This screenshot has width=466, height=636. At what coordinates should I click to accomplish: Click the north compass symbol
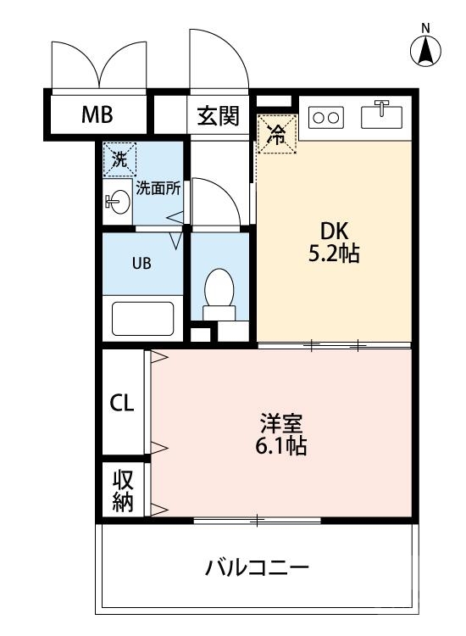(426, 52)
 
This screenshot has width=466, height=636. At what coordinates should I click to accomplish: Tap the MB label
(97, 115)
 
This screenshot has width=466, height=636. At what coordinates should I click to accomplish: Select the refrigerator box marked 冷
(277, 134)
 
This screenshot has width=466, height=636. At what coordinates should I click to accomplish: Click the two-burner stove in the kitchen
(327, 117)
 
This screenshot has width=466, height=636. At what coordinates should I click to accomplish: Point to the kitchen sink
(383, 114)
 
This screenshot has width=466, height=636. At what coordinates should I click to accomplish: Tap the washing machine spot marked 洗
(119, 158)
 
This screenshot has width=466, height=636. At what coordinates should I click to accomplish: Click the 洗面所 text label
(158, 188)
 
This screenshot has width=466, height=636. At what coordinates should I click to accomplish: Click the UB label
(141, 262)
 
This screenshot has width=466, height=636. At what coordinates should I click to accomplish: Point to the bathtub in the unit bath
(143, 318)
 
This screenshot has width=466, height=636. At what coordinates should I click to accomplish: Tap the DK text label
(334, 230)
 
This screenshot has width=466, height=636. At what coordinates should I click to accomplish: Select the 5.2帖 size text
(335, 253)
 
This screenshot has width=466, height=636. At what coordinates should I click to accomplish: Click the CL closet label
(122, 403)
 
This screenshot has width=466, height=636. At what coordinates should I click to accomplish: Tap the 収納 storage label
(123, 489)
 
